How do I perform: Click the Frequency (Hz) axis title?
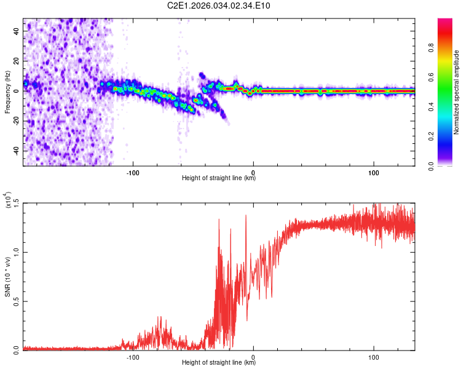[7, 92]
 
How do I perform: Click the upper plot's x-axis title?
[219, 178]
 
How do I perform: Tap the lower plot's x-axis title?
[219, 363]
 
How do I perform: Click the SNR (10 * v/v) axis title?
[7, 277]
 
